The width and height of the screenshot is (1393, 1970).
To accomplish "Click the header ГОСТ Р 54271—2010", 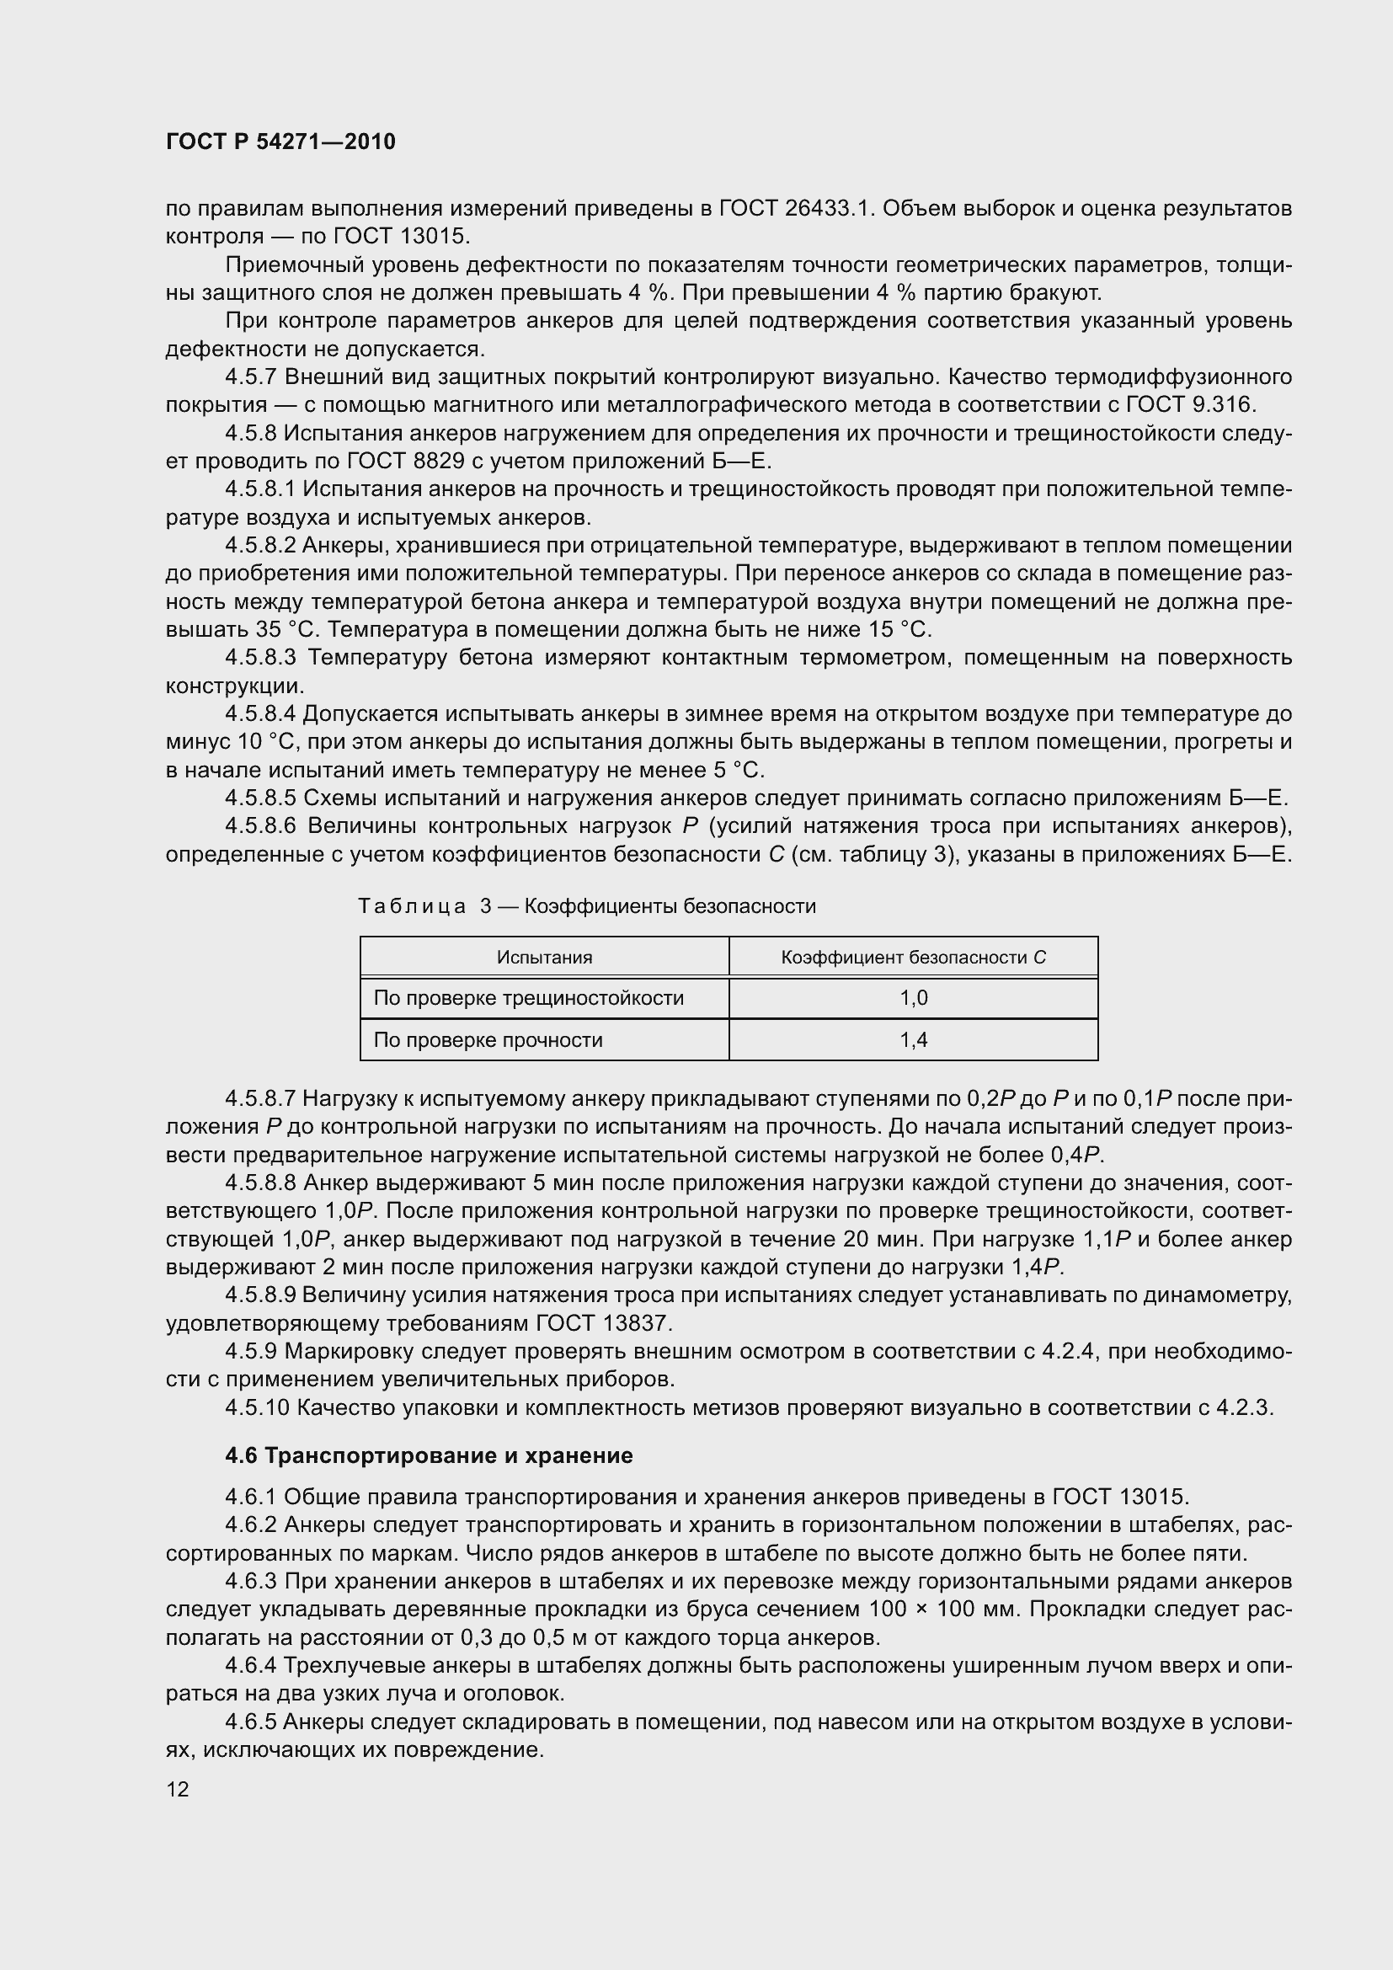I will click(x=280, y=141).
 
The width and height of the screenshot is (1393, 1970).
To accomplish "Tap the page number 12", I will click(x=178, y=1789).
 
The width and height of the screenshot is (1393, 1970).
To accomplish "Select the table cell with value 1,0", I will click(x=913, y=998).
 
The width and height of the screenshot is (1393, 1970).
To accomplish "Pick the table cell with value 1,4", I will click(x=913, y=1040).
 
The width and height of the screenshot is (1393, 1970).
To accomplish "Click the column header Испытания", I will click(x=544, y=957).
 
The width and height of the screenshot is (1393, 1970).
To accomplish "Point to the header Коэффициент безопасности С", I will click(x=913, y=957).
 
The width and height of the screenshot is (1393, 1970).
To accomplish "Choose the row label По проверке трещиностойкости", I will click(x=528, y=998).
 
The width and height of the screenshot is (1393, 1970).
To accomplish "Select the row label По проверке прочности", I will click(x=488, y=1040).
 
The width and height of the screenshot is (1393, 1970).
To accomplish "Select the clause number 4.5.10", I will click(x=258, y=1407).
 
